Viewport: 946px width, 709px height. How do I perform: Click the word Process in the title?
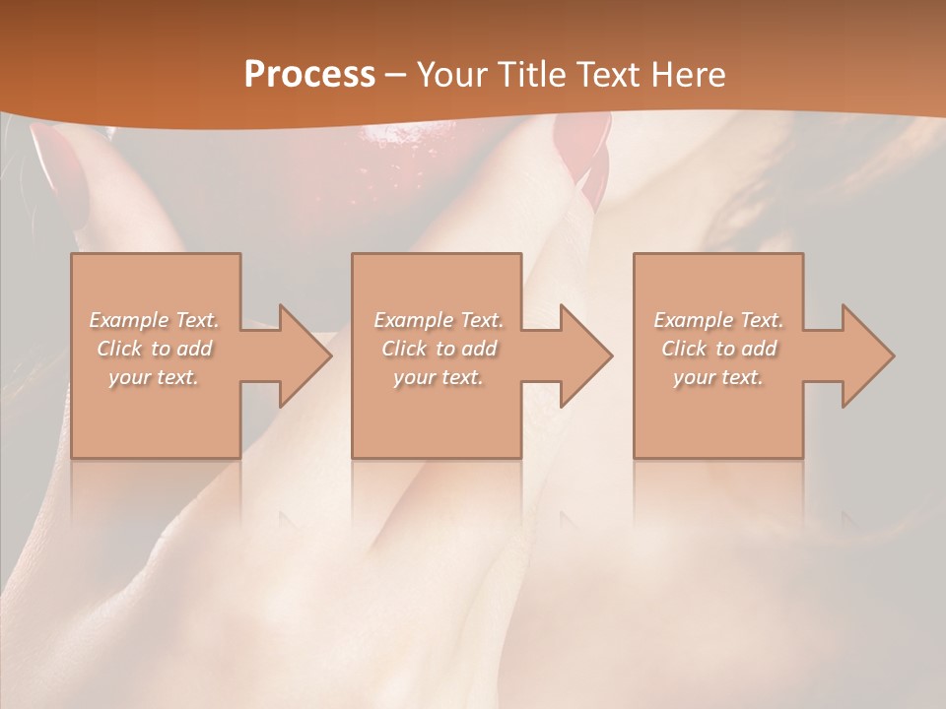point(309,75)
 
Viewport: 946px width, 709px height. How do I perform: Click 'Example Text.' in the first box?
point(154,320)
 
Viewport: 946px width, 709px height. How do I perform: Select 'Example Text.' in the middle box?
point(438,320)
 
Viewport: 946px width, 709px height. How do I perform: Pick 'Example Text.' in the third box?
point(718,320)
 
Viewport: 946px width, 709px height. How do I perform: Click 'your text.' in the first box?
point(154,377)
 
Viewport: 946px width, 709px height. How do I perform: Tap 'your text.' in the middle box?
point(438,377)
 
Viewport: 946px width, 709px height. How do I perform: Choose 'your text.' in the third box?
point(718,377)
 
